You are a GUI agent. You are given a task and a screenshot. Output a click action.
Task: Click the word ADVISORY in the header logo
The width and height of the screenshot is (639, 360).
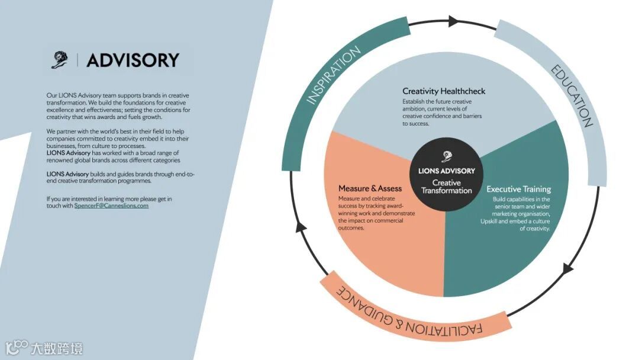133,60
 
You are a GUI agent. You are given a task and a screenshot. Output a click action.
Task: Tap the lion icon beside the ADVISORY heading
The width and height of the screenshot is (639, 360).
59,60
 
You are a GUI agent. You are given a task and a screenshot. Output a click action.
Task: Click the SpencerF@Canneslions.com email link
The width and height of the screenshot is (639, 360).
111,205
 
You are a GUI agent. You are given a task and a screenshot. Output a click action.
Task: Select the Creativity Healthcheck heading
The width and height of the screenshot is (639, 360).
444,91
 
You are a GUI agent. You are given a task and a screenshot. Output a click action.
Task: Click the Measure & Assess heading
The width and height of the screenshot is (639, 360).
370,188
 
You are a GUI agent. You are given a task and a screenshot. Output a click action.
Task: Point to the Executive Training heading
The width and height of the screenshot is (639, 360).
518,189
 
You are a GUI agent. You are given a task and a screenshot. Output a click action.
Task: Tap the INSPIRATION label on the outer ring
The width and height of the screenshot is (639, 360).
334,76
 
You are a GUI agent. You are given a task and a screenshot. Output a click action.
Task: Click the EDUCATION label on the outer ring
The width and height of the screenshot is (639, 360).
572,96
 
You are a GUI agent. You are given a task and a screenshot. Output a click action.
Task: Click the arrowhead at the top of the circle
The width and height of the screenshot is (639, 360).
454,21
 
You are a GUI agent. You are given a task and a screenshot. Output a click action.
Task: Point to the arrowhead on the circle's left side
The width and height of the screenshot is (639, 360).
301,226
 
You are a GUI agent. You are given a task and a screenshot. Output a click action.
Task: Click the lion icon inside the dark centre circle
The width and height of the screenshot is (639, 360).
447,157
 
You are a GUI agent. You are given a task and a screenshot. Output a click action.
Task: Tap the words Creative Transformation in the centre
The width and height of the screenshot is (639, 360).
447,187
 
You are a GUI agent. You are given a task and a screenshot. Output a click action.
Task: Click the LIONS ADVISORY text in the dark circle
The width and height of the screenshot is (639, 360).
447,171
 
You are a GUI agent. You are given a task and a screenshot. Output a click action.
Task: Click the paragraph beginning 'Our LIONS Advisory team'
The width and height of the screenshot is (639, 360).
118,105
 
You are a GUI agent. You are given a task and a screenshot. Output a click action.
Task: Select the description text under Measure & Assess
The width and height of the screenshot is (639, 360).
376,213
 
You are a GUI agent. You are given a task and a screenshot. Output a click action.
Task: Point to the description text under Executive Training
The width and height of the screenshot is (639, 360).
518,214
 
